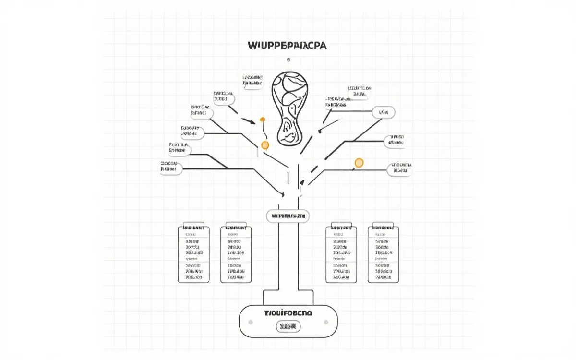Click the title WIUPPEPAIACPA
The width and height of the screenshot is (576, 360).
287,46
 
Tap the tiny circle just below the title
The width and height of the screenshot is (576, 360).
288,60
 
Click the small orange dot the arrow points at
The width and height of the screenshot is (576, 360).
262,119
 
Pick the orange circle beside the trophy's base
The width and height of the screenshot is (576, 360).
264,144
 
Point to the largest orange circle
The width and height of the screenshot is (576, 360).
359,163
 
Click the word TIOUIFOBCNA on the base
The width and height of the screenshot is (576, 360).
288,313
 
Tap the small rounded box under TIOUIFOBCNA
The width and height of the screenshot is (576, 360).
288,327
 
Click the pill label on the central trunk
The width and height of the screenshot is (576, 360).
288,216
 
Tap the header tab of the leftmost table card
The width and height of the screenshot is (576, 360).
194,227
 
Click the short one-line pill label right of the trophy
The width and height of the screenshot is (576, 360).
384,112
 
